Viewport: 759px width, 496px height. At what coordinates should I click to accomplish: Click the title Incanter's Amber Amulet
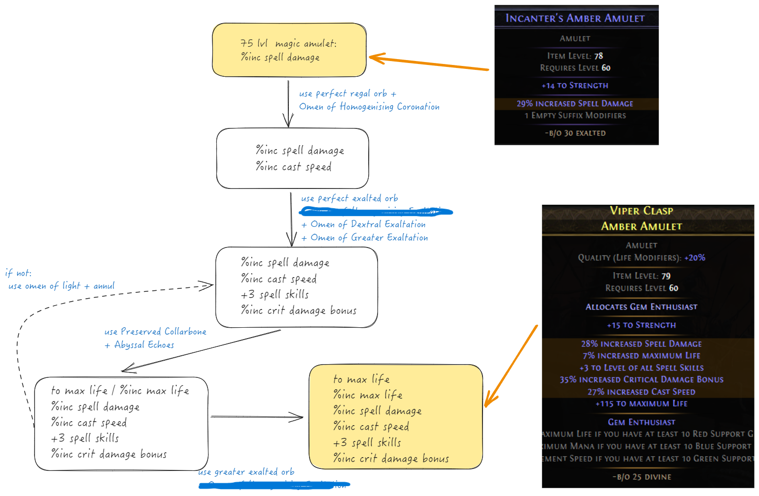click(575, 18)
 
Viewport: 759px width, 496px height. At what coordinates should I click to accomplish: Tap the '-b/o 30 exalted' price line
click(575, 133)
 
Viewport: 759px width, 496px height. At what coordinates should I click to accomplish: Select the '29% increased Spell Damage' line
click(575, 103)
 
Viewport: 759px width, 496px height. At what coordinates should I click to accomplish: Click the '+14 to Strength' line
click(575, 85)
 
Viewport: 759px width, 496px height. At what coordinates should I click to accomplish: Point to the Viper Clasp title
click(641, 211)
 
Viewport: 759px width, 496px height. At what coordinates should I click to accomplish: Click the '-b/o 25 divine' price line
click(642, 477)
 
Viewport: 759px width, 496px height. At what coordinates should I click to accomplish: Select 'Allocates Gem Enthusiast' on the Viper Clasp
click(641, 307)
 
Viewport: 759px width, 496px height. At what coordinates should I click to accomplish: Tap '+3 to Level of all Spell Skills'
click(641, 368)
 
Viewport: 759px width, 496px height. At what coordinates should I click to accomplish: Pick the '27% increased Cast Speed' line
click(641, 392)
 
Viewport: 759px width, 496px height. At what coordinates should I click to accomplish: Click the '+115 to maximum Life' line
click(641, 403)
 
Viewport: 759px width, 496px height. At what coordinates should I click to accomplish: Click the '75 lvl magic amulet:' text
click(288, 43)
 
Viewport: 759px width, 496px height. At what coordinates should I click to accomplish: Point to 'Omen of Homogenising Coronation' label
click(369, 106)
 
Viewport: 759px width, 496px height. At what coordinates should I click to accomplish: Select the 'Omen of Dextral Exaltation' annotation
click(368, 224)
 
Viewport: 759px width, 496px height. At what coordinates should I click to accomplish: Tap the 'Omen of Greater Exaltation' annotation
click(369, 238)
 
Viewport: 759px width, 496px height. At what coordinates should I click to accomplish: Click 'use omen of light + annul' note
click(61, 286)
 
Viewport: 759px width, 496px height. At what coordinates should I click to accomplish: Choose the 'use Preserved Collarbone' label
click(155, 332)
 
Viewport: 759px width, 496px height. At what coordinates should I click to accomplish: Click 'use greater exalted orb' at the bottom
click(246, 472)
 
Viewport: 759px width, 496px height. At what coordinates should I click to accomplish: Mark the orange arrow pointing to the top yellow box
click(429, 63)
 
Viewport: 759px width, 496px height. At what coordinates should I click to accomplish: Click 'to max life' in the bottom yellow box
click(361, 379)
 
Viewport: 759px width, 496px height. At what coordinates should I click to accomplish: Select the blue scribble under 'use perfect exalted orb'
click(376, 212)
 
